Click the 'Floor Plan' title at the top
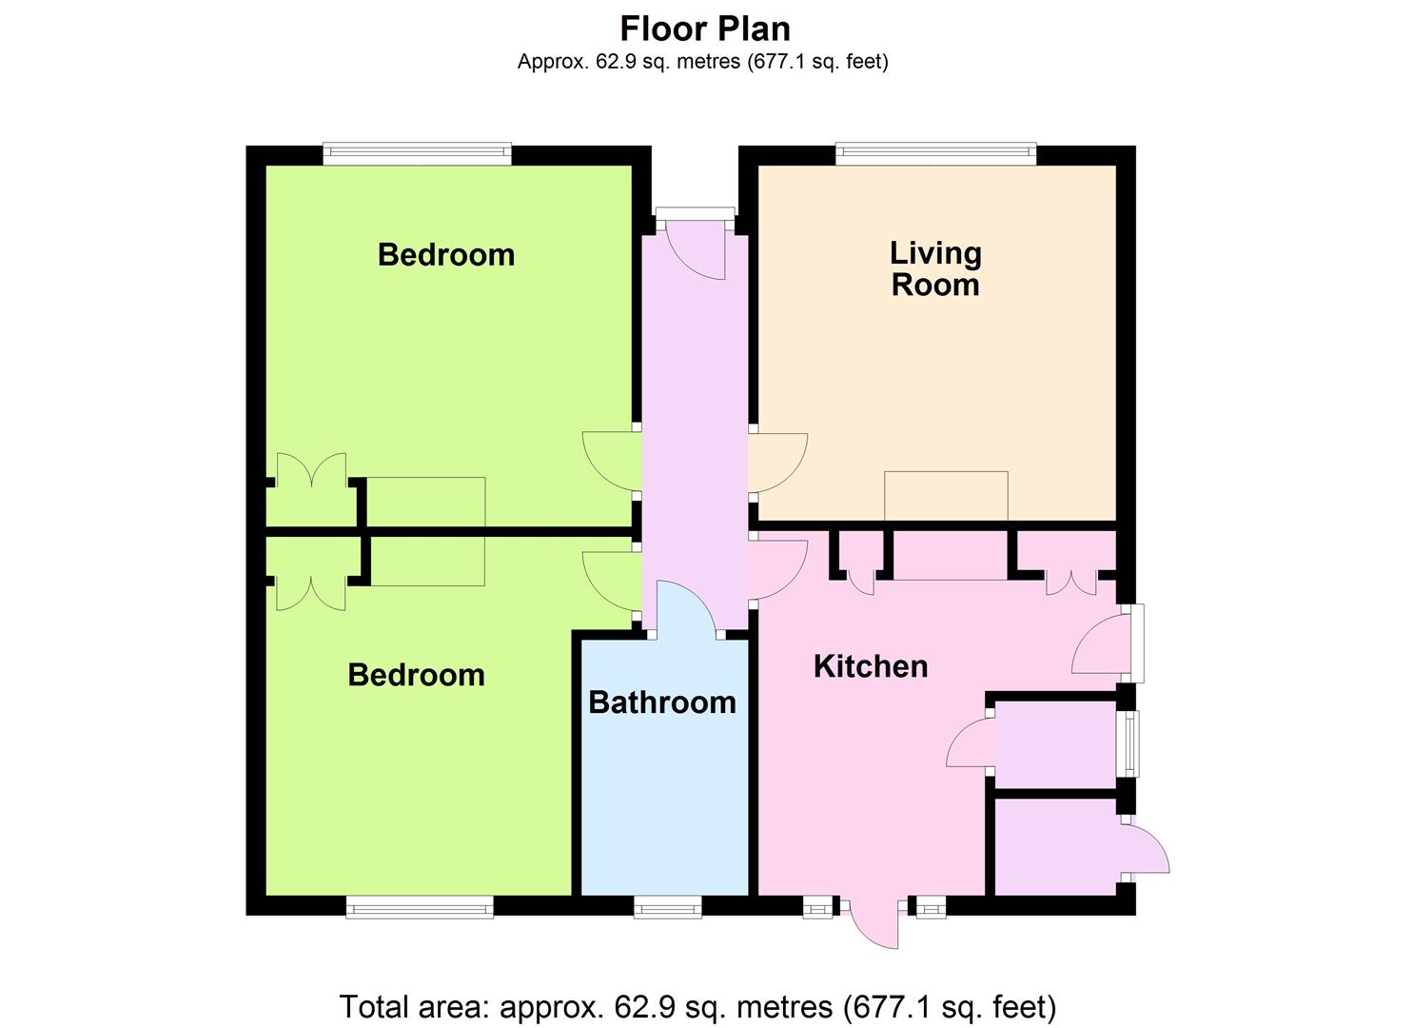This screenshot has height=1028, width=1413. coord(705,29)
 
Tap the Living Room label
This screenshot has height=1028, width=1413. coord(935,268)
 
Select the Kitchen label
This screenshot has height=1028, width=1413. coord(871,666)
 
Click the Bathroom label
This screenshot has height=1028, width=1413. coord(662,702)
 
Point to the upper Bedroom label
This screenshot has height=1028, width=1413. coord(446,255)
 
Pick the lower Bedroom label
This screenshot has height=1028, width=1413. coord(417,675)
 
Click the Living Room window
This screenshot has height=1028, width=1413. coord(936,154)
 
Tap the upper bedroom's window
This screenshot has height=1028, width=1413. coord(417,154)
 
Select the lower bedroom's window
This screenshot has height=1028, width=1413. coord(420,907)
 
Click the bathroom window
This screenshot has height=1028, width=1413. coord(667,907)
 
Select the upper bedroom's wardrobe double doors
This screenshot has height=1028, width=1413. coord(311,469)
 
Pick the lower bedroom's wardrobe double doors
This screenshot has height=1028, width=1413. coord(311,595)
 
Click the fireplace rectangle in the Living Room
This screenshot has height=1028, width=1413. coord(946,496)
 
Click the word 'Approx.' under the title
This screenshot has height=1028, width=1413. coord(554,62)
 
